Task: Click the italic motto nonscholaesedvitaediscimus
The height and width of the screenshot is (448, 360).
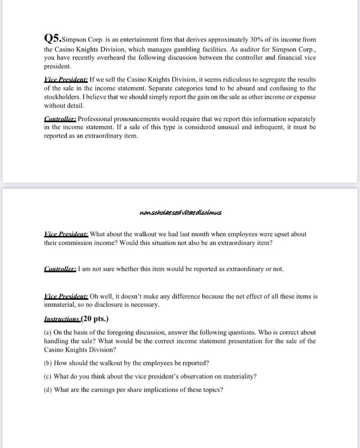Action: click(180, 213)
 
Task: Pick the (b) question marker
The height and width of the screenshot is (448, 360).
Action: click(48, 363)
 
